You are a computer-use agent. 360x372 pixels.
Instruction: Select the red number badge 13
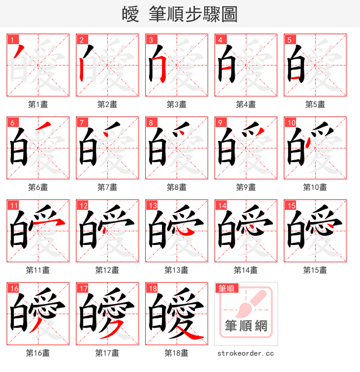(x=152, y=206)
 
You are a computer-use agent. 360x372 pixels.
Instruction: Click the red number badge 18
(x=152, y=289)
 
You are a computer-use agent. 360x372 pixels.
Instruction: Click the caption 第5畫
(x=315, y=104)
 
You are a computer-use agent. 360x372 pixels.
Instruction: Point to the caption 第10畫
(x=315, y=187)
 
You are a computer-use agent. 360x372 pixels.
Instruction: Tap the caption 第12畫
(x=107, y=270)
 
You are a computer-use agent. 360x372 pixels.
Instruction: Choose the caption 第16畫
(x=38, y=353)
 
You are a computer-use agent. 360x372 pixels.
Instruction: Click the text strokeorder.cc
(x=246, y=354)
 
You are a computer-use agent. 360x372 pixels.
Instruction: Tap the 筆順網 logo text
(x=246, y=326)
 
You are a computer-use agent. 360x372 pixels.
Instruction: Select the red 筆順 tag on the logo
(x=226, y=289)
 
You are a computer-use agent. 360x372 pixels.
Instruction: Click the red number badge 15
(x=291, y=206)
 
